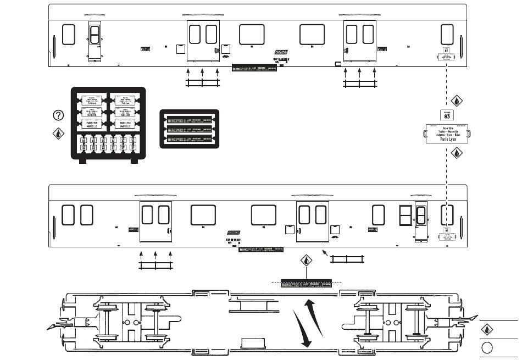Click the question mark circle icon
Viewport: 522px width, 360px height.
58,115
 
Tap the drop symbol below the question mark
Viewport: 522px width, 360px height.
58,133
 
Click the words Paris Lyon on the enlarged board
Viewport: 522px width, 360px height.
448,140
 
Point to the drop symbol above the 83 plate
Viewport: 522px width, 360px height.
456,101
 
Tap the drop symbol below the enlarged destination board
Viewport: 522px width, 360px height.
456,154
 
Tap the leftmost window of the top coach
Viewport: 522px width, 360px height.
69,34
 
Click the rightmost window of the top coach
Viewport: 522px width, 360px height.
447,34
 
